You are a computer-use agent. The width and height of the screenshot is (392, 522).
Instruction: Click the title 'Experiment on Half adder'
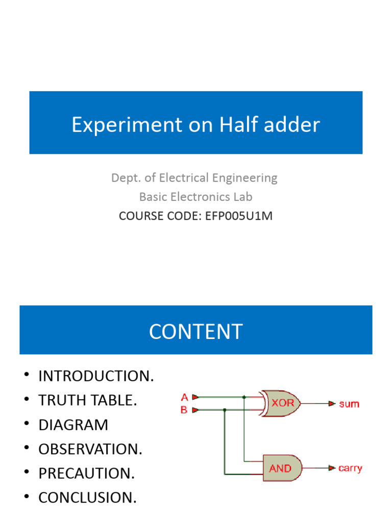[195, 124]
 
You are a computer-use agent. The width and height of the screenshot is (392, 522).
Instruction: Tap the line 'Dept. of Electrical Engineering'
[194, 178]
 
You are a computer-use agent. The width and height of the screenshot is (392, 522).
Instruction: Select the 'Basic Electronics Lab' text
[195, 197]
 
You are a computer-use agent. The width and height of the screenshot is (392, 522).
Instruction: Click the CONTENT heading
[195, 331]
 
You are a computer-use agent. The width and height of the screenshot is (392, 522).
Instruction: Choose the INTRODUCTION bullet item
[96, 377]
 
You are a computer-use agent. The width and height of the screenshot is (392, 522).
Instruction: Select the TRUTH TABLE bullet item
[88, 401]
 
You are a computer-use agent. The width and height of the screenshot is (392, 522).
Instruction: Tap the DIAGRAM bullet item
[73, 425]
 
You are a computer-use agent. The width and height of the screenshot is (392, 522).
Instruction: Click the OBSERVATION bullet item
[90, 450]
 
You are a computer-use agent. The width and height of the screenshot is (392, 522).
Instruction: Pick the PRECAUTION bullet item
[86, 474]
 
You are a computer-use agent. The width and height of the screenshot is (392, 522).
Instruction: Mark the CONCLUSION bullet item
[87, 498]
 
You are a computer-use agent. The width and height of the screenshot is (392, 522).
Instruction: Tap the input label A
[184, 397]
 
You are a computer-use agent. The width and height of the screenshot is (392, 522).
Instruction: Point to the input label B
[184, 409]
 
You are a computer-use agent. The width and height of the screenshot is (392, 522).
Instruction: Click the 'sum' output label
[349, 404]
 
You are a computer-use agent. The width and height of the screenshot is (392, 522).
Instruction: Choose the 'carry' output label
[350, 468]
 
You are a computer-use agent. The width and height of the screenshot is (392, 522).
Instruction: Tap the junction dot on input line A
[244, 397]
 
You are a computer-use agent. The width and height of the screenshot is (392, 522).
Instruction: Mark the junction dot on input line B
[225, 409]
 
